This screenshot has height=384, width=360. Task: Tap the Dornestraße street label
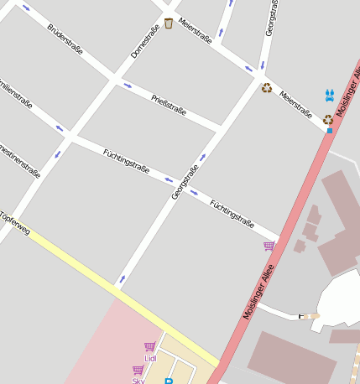[145, 42]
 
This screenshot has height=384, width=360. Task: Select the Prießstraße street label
[169, 105]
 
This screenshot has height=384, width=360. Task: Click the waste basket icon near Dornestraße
[169, 23]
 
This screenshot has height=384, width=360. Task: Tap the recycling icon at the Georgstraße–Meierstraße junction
[267, 88]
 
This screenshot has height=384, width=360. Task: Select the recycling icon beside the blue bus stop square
[328, 120]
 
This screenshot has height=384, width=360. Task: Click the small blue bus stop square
[330, 131]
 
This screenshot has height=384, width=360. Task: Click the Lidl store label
[150, 358]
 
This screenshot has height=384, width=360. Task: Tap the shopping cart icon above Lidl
[149, 346]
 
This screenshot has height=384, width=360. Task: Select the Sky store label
[138, 381]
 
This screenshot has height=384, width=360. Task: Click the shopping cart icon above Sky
[138, 370]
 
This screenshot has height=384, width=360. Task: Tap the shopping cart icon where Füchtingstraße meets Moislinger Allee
[269, 246]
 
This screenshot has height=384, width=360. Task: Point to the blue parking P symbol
[169, 381]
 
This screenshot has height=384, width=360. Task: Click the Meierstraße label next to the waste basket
[195, 30]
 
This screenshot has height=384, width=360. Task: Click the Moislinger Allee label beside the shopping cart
[258, 291]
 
